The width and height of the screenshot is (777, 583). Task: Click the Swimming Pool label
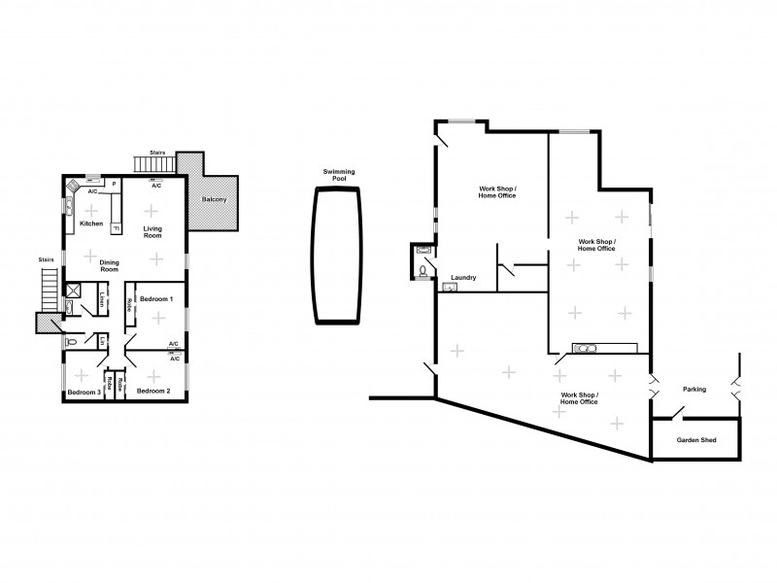pyautogui.click(x=339, y=176)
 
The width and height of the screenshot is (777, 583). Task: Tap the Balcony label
pyautogui.click(x=214, y=200)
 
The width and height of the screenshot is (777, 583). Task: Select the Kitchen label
pyautogui.click(x=90, y=223)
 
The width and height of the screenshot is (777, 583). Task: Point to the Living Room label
pyautogui.click(x=152, y=232)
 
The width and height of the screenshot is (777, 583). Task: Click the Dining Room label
pyautogui.click(x=110, y=265)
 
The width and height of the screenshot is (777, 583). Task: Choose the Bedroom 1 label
pyautogui.click(x=155, y=298)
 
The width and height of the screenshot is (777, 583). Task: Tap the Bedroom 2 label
pyautogui.click(x=153, y=391)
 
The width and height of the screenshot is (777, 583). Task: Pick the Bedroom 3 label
pyautogui.click(x=84, y=393)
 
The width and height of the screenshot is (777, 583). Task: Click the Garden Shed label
pyautogui.click(x=695, y=440)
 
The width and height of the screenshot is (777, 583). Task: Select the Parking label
pyautogui.click(x=693, y=389)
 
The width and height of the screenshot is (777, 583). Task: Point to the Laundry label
pyautogui.click(x=462, y=278)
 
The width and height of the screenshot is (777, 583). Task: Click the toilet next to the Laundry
pyautogui.click(x=423, y=271)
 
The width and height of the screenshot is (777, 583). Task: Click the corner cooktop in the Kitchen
pyautogui.click(x=72, y=188)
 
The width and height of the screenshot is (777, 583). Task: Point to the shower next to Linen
pyautogui.click(x=74, y=290)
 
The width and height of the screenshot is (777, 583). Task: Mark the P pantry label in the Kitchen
pyautogui.click(x=114, y=184)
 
